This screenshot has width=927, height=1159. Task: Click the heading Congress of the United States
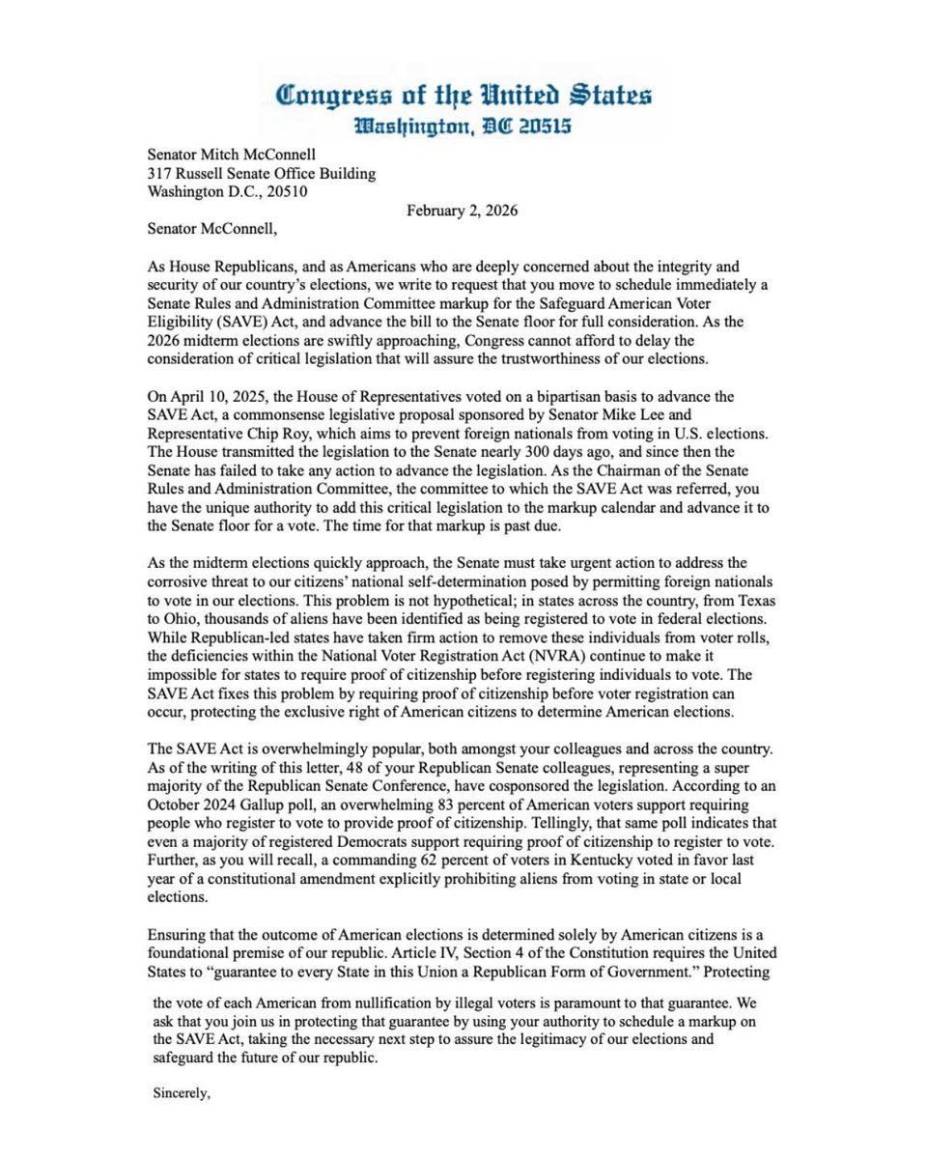tap(463, 96)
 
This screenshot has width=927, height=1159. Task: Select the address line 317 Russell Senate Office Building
tap(262, 173)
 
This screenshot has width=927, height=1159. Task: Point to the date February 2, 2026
tap(462, 211)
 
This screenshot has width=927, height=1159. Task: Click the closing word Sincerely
tap(182, 1093)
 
